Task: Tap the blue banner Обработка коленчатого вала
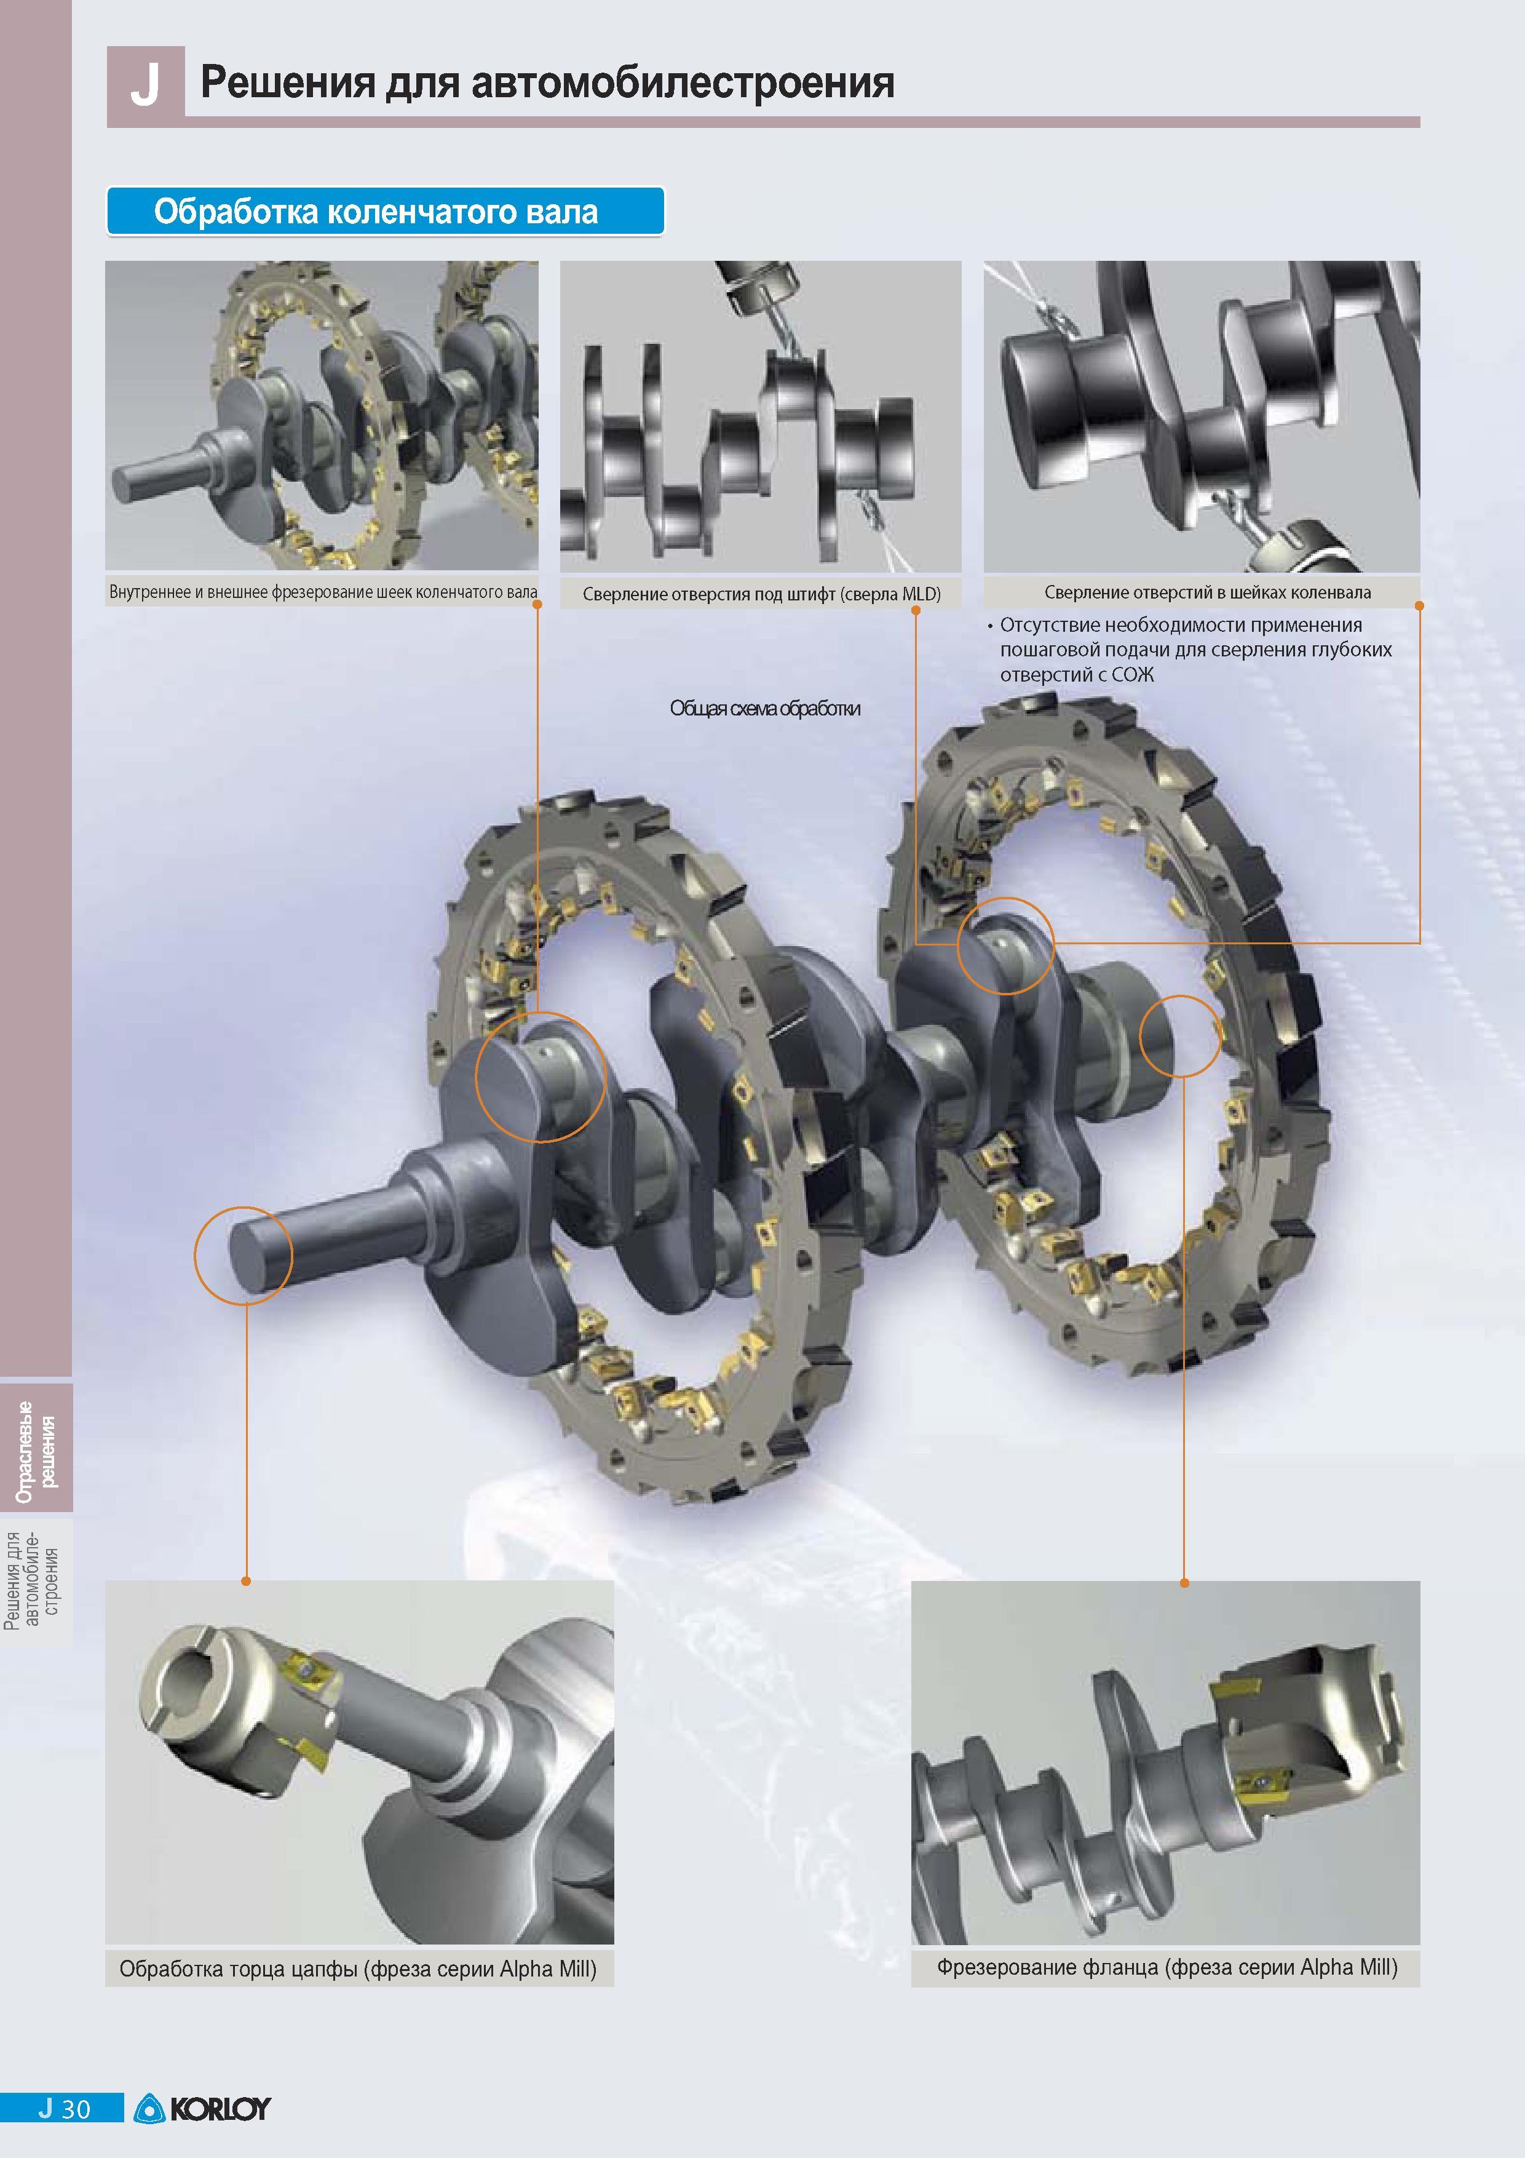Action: [x=385, y=212]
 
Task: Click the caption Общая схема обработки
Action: [x=765, y=707]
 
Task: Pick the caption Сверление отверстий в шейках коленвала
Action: [x=1208, y=592]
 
